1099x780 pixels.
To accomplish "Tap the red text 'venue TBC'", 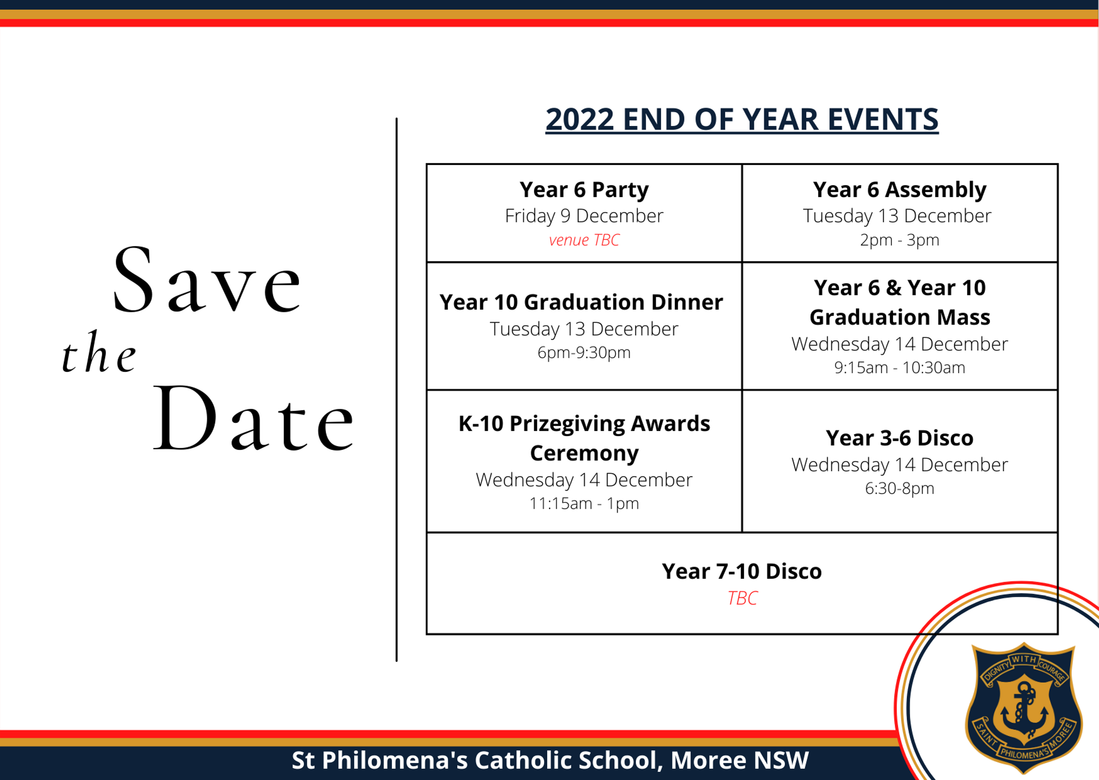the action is (584, 240).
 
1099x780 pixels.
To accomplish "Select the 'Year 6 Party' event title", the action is (584, 190).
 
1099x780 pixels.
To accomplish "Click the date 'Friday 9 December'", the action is (584, 216).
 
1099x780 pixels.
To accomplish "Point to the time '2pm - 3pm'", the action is (899, 240).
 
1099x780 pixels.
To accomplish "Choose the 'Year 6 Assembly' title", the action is (899, 190).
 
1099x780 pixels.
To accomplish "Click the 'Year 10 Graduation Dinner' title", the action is (581, 302).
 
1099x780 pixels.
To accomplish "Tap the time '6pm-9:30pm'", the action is (584, 353).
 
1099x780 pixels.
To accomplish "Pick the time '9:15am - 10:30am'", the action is (899, 367).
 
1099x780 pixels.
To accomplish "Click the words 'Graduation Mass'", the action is (900, 317).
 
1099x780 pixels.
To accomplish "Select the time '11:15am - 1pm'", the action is (584, 503).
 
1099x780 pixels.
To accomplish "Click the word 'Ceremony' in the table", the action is (584, 453).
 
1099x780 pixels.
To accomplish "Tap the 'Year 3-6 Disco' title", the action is (899, 438).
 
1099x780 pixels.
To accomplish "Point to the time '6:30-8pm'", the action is (899, 488).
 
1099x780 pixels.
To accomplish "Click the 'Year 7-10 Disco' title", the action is (742, 572).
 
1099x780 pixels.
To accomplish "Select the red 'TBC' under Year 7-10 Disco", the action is (742, 598).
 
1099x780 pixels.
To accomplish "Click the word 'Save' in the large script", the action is (207, 279).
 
